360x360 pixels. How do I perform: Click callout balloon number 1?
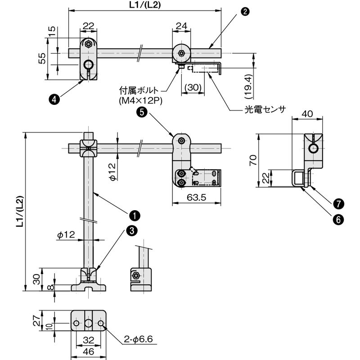134,216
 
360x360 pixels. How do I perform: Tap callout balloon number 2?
245,11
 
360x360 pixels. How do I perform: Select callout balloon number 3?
132,230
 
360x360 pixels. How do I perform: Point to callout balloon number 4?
54,99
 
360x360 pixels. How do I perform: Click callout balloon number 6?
339,220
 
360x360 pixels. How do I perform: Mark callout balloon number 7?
339,204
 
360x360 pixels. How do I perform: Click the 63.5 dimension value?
197,197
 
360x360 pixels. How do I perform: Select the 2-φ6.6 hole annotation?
139,339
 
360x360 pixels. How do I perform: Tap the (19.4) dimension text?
249,86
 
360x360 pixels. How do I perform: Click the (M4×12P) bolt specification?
140,101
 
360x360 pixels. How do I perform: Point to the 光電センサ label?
265,109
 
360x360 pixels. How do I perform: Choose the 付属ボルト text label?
139,90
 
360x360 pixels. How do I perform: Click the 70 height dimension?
253,160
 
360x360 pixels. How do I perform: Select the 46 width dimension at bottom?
89,351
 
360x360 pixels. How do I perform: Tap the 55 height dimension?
42,58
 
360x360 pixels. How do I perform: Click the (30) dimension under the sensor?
193,87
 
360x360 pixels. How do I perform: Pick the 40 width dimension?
307,114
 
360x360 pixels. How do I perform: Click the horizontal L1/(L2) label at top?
145,5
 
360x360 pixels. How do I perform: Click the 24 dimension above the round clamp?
181,26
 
